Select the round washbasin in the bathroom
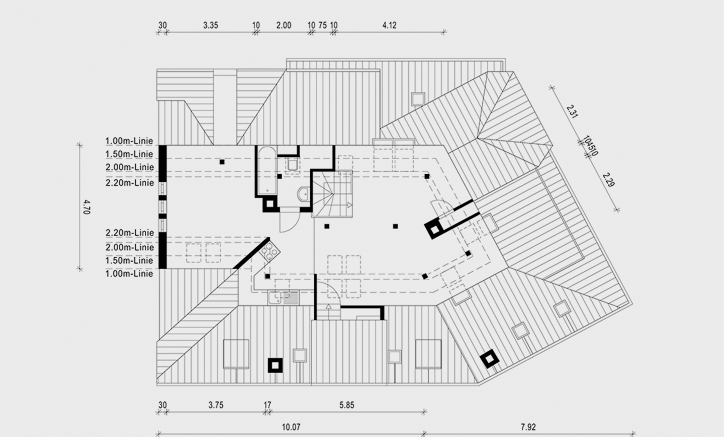304,194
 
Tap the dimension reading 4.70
86,207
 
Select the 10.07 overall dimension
291,427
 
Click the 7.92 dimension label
528,427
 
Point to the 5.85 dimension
346,405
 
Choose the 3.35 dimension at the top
210,25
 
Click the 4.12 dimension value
389,25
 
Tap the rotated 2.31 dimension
572,111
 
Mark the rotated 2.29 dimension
608,180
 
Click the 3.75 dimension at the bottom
216,405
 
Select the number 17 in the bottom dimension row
267,405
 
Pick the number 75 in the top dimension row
322,25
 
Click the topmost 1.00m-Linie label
129,141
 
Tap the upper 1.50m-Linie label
129,154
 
